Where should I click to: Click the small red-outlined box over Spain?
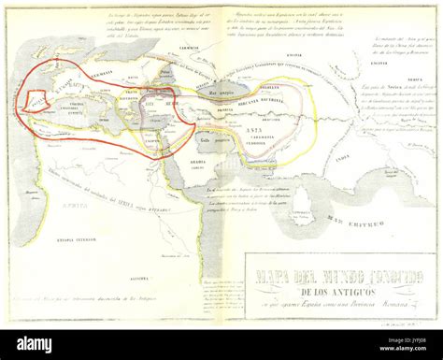pos(36,100)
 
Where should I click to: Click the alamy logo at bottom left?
pos(47,343)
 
